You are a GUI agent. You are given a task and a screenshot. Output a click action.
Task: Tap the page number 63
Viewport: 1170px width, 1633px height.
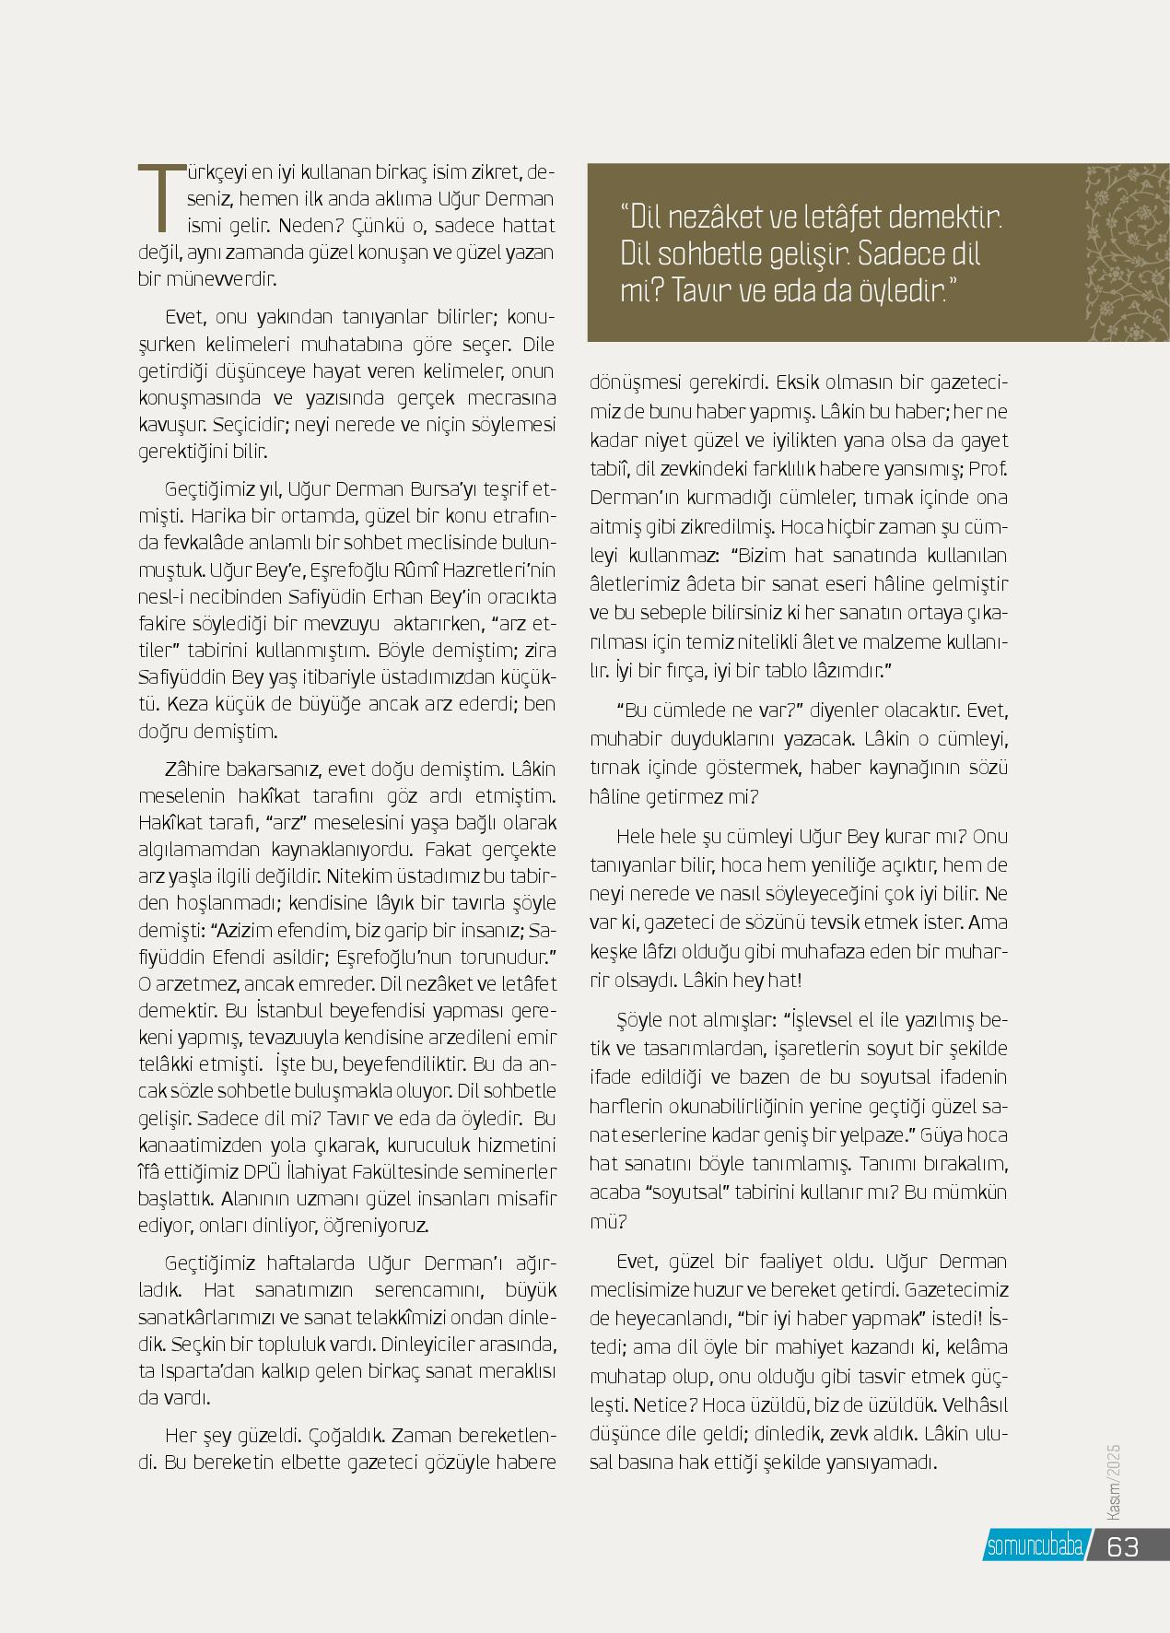pos(1122,1546)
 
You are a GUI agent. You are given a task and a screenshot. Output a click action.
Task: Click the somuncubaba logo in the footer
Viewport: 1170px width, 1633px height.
pos(1035,1546)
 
